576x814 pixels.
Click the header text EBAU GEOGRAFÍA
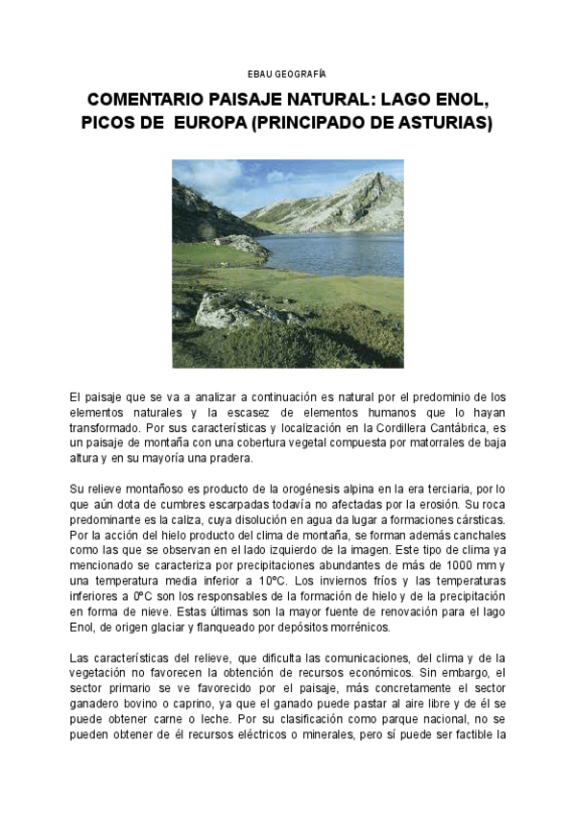click(x=287, y=74)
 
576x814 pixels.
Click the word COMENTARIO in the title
click(x=145, y=101)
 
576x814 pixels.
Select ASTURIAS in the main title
click(x=444, y=124)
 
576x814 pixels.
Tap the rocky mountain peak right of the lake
click(x=360, y=197)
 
